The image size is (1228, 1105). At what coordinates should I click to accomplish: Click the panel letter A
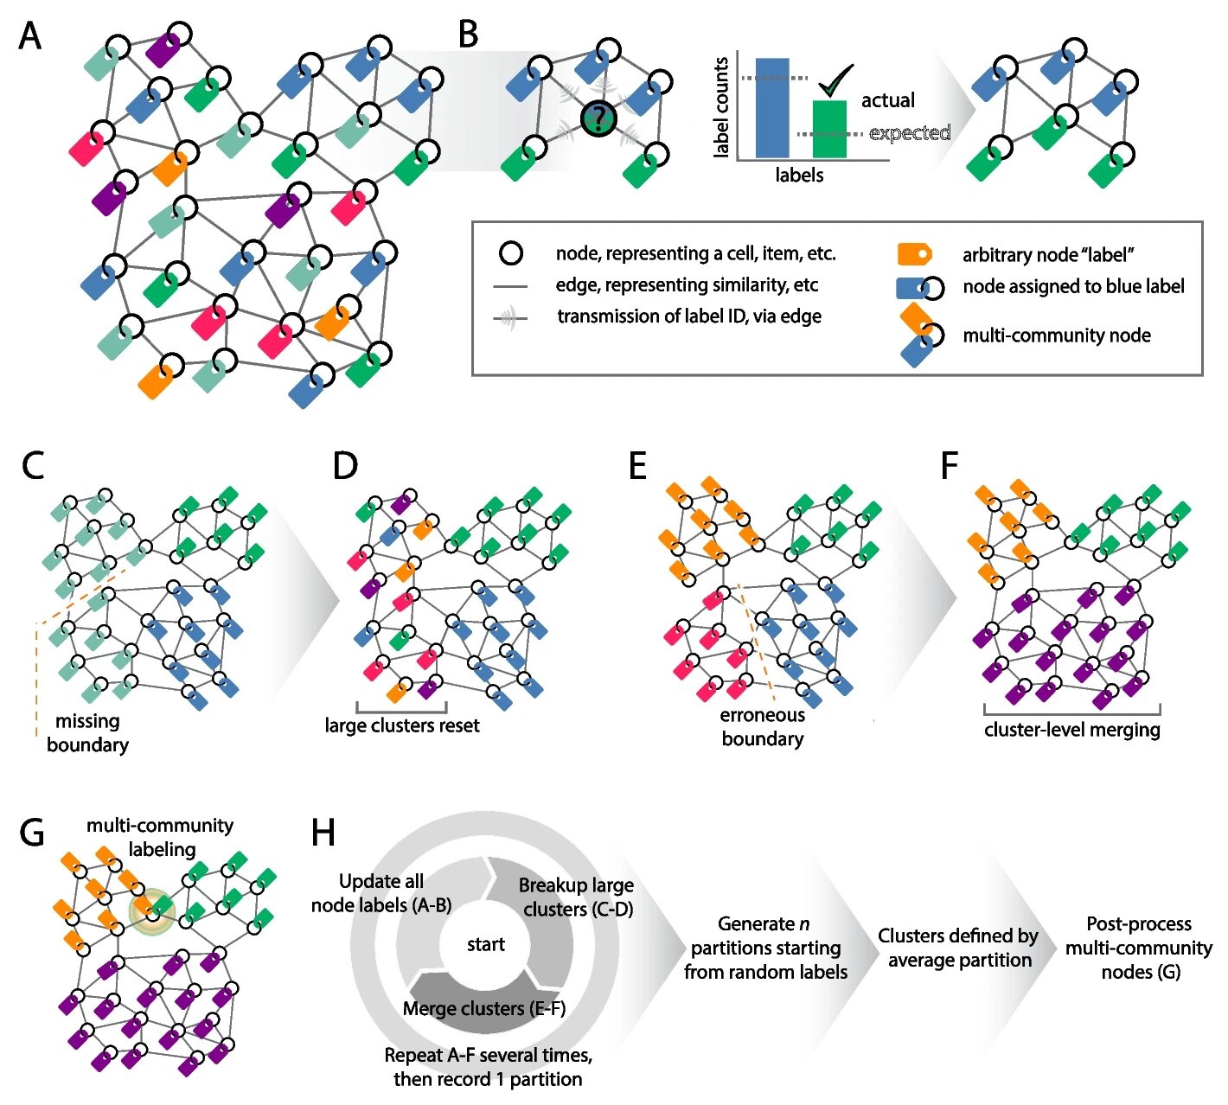tap(30, 36)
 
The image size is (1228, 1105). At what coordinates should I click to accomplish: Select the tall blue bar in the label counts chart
tap(772, 107)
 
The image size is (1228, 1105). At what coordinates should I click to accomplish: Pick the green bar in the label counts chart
tap(829, 130)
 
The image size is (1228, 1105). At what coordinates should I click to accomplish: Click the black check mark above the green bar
tap(835, 81)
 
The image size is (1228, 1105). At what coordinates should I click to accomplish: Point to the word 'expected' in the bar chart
tap(910, 133)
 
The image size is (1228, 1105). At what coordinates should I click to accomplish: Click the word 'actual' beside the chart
tap(887, 100)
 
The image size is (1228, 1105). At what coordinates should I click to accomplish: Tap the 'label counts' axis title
tap(720, 107)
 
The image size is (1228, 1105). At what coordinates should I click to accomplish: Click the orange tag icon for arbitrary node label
tap(914, 254)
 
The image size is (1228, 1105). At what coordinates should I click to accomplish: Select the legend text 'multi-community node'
tap(1056, 335)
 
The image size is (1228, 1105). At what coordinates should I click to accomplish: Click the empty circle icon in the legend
tap(511, 253)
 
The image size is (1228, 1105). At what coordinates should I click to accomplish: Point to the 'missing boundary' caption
tap(87, 732)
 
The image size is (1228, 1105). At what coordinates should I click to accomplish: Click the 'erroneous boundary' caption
tap(762, 726)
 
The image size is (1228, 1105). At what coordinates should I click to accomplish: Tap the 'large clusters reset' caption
tap(401, 725)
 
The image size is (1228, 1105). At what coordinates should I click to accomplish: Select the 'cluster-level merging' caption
tap(1071, 729)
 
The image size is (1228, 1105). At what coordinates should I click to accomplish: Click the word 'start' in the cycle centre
tap(485, 944)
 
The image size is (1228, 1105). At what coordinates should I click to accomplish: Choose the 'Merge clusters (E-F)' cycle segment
tap(483, 1008)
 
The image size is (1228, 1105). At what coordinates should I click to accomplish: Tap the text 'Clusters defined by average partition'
tap(958, 948)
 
